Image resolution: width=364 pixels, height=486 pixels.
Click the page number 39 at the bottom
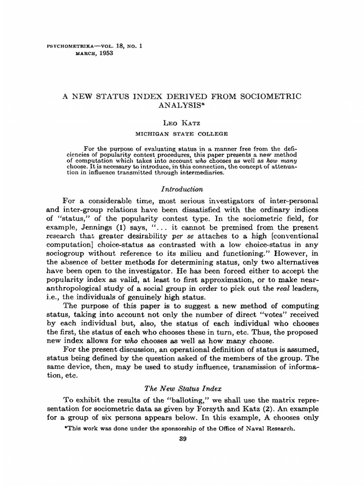pos(182,439)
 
